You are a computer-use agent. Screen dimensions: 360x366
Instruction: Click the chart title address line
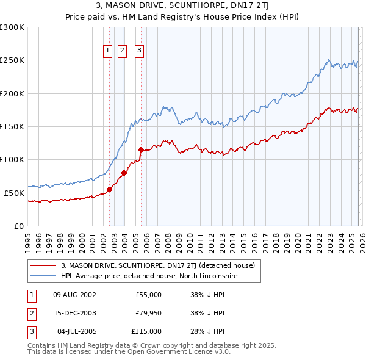pos(183,6)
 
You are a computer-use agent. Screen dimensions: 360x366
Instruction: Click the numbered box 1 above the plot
pos(107,51)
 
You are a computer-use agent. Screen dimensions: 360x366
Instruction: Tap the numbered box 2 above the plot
pos(122,51)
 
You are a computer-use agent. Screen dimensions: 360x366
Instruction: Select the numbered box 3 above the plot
pos(139,51)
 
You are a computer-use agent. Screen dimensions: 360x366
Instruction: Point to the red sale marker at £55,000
pos(110,189)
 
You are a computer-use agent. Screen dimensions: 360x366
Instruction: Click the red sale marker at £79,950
pos(124,173)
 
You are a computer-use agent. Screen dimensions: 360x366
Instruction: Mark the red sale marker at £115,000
pos(141,149)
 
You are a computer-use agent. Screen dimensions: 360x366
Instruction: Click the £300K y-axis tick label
pos(12,27)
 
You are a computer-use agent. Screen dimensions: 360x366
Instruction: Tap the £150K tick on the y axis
pos(12,126)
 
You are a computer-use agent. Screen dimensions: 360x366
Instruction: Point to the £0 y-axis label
pos(18,226)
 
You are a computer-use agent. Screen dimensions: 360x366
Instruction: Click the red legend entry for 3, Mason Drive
pos(161,265)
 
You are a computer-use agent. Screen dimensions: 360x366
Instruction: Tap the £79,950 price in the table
pos(148,313)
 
